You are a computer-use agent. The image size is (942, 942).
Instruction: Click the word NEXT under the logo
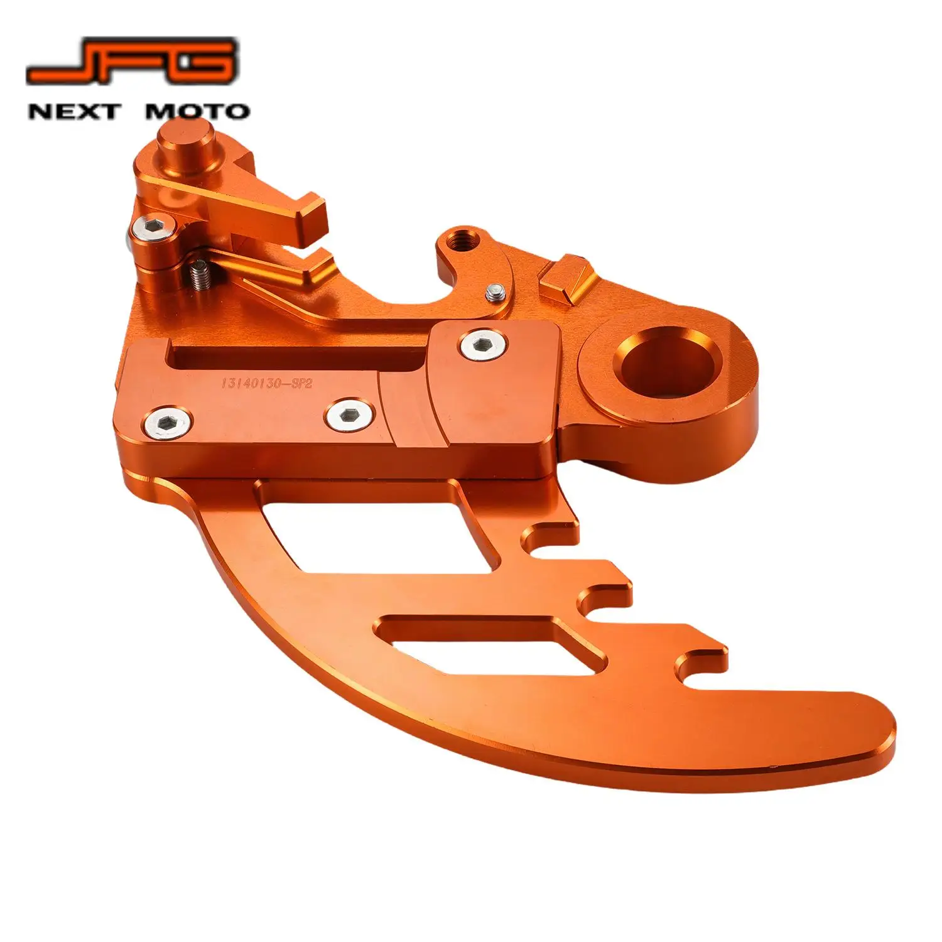click(x=73, y=112)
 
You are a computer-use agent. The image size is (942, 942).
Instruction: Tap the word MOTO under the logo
click(x=197, y=112)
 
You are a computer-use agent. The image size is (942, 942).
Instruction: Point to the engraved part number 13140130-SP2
click(x=266, y=382)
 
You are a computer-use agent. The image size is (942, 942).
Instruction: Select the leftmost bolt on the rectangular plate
click(x=167, y=423)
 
